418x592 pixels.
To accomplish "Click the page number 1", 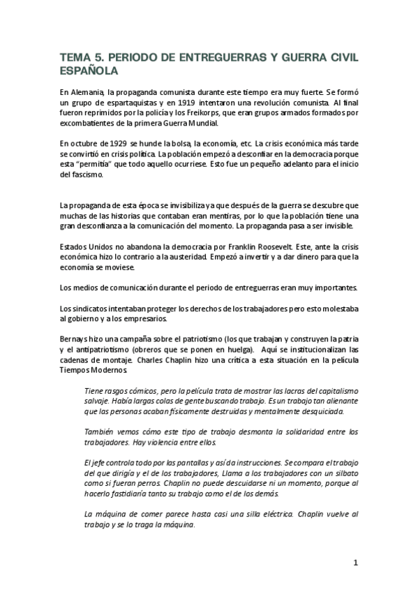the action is click(355, 563).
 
